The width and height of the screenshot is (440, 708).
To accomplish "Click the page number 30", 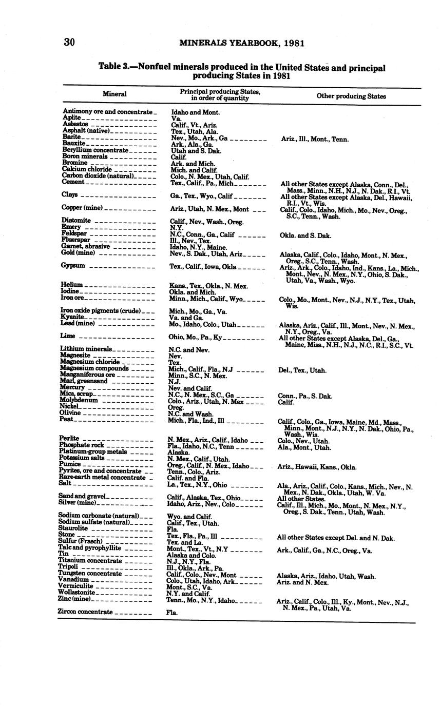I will click(69, 42).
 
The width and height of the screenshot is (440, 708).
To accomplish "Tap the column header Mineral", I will click(114, 94).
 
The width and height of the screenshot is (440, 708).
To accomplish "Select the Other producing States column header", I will click(351, 96).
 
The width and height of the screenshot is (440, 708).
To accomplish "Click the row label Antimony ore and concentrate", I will click(108, 112).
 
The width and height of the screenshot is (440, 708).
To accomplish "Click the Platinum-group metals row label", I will click(92, 451).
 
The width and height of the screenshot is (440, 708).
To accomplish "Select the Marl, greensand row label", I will click(84, 381).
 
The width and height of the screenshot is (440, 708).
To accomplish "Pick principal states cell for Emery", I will click(176, 228).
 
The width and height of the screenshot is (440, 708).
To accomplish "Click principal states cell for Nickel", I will click(175, 407).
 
